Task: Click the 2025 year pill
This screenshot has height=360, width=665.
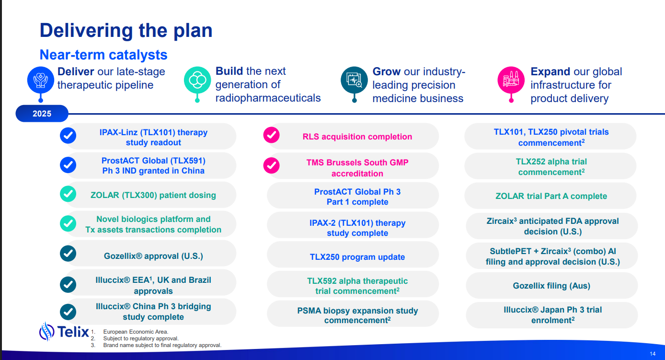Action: coord(42,114)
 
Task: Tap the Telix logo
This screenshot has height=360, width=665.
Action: coord(64,331)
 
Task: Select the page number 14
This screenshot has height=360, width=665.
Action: coord(653,354)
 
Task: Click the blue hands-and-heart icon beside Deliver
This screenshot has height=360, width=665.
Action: coord(41,80)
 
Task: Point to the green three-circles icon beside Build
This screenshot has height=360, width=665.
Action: coord(197,80)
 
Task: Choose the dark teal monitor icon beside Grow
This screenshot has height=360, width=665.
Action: coord(354,80)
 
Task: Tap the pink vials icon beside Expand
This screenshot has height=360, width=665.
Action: coord(511,80)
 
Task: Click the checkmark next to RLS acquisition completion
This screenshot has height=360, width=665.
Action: coord(271,135)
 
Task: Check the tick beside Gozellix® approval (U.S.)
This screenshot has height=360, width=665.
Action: coord(68,254)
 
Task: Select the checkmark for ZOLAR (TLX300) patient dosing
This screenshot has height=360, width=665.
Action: coord(68,194)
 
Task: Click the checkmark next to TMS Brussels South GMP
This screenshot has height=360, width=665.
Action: coord(271,165)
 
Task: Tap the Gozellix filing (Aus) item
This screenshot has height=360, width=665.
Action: coord(551,285)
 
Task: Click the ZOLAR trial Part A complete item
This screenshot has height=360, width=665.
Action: coord(550,196)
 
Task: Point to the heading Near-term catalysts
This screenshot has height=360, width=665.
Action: coord(103,55)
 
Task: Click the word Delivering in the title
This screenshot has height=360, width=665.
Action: coord(86,31)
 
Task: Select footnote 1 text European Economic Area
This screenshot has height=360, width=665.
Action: coord(136,332)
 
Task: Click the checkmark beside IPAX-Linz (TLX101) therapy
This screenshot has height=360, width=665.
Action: coord(68,136)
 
